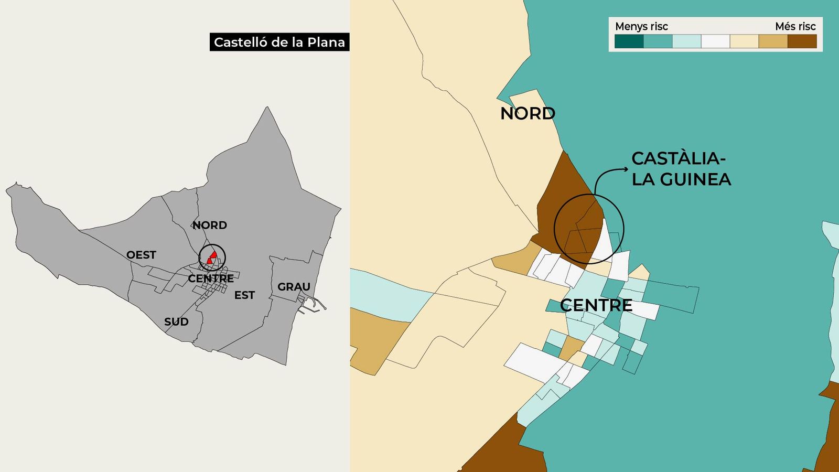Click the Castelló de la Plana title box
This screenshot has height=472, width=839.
click(279, 42)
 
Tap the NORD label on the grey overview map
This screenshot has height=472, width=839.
click(210, 225)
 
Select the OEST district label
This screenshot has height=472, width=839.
click(141, 255)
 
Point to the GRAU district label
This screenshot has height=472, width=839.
click(294, 287)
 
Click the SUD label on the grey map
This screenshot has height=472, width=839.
click(176, 321)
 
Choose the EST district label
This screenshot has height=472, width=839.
click(244, 295)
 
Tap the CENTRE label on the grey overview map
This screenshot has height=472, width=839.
click(211, 278)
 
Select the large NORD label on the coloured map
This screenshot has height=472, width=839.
click(528, 113)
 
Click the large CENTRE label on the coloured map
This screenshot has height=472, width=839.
click(596, 305)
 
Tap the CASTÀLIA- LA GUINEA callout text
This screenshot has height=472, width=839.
click(681, 168)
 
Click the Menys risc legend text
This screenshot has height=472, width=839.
click(641, 26)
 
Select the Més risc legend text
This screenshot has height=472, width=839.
click(795, 26)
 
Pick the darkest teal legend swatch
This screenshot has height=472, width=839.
click(629, 41)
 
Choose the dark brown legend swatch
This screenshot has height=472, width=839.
click(802, 41)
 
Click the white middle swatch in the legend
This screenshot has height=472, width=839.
click(715, 41)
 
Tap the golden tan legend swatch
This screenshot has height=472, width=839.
click(773, 41)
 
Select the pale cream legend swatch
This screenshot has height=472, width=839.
click(744, 41)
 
